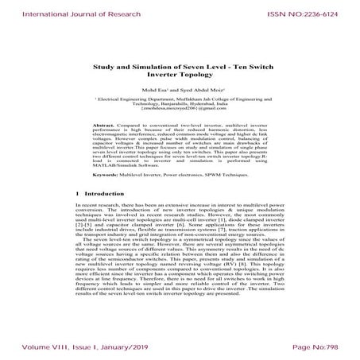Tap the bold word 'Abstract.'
(106, 126)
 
